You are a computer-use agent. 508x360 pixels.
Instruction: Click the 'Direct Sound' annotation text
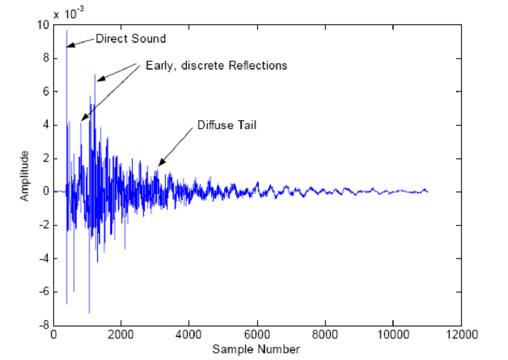130,39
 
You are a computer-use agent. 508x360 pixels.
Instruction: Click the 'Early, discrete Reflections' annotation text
216,65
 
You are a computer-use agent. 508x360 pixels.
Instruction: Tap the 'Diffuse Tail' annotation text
227,126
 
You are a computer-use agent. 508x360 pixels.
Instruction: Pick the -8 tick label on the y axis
44,325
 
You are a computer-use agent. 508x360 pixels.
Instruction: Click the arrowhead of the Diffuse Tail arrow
158,165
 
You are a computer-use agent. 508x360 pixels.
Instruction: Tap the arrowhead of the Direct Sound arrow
68,45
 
